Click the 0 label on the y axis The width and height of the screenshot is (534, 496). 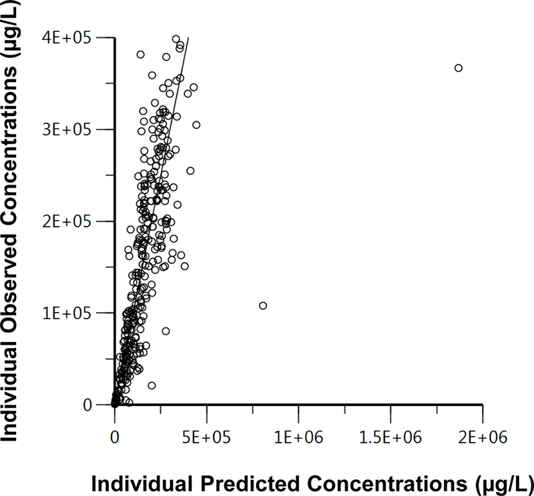pos(97,405)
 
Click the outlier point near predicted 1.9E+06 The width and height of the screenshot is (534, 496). pos(458,68)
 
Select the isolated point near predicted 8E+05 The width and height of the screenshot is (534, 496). pos(263,305)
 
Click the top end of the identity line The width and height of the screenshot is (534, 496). pos(188,38)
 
